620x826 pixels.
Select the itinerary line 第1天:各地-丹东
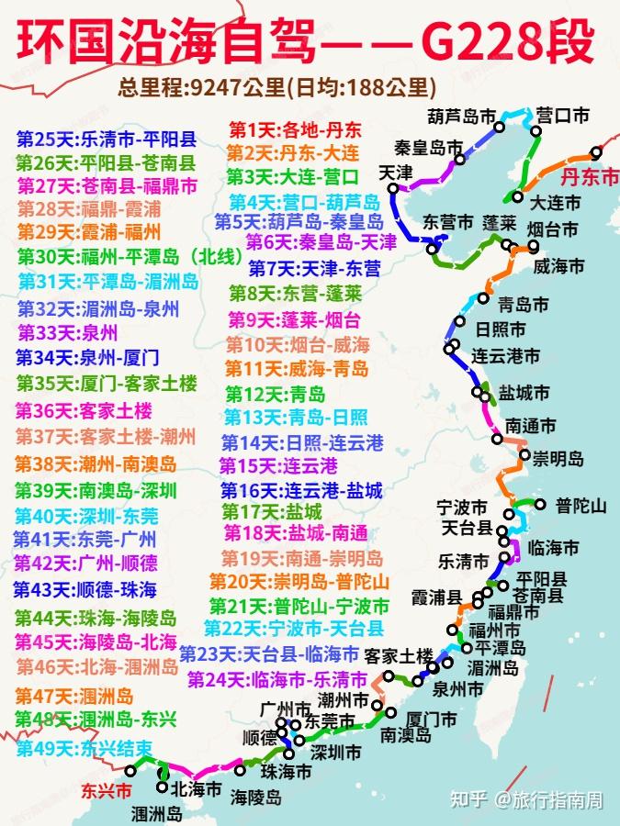[x=295, y=128]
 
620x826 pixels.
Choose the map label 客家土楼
[x=398, y=655]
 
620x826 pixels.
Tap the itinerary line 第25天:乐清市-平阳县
[x=106, y=140]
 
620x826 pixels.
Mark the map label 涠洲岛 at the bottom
[x=157, y=813]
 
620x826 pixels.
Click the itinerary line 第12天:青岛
[x=275, y=395]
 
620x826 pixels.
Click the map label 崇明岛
[x=558, y=457]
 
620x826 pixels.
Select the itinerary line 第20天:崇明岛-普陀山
[x=299, y=581]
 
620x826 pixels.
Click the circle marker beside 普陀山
[x=539, y=504]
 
